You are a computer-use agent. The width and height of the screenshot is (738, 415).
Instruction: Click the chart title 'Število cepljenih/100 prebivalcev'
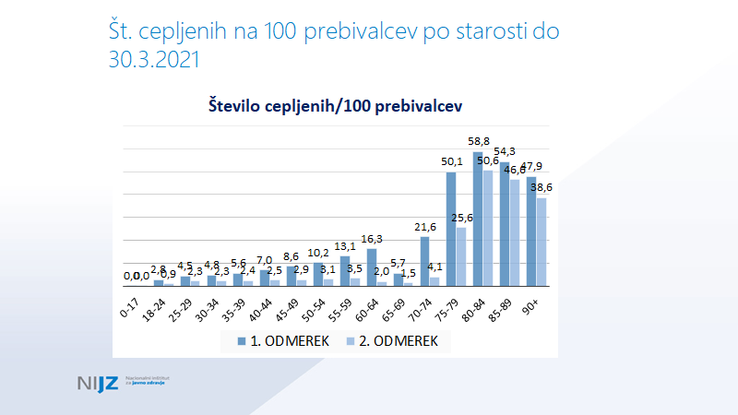click(333, 106)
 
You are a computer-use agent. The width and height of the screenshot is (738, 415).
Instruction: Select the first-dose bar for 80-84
click(478, 219)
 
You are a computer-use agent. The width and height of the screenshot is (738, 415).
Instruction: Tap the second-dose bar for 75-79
click(461, 256)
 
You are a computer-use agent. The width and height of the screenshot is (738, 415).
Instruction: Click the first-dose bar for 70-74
click(425, 261)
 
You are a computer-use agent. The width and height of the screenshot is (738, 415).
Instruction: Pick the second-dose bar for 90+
click(542, 242)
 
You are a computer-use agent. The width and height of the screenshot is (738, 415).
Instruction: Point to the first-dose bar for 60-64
click(372, 267)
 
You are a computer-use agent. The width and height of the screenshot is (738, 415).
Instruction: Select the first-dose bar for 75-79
click(451, 229)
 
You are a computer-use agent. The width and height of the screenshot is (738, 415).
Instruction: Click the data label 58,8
click(478, 142)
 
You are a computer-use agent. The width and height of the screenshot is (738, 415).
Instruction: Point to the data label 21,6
click(424, 227)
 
